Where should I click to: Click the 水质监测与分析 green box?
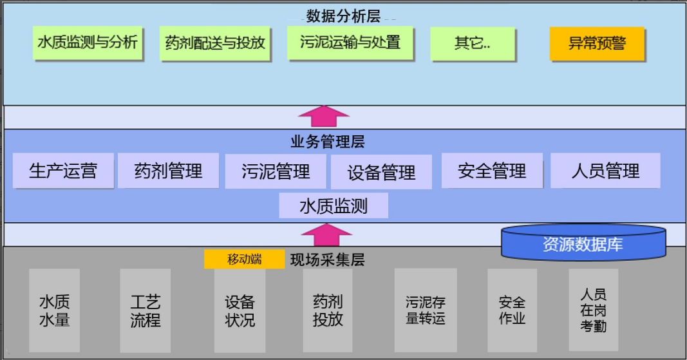pyautogui.click(x=88, y=43)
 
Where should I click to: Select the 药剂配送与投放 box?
pyautogui.click(x=214, y=43)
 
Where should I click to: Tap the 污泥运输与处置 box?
pyautogui.click(x=350, y=43)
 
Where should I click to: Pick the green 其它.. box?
pyautogui.click(x=474, y=44)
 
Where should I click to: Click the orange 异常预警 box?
pyautogui.click(x=597, y=44)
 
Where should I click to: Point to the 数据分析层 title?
pyautogui.click(x=343, y=15)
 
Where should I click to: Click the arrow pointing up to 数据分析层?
pyautogui.click(x=325, y=117)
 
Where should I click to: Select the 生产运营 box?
pyautogui.click(x=63, y=171)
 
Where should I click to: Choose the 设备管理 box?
pyautogui.click(x=381, y=172)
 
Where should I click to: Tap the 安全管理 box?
pyautogui.click(x=492, y=171)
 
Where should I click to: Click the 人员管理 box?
pyautogui.click(x=605, y=171)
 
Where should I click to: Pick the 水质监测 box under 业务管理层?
pyautogui.click(x=334, y=206)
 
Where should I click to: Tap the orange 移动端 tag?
pyautogui.click(x=244, y=259)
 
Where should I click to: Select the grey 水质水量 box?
pyautogui.click(x=55, y=310)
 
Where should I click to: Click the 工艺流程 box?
pyautogui.click(x=145, y=310)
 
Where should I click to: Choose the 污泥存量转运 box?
pyautogui.click(x=426, y=310)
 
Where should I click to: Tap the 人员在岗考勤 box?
pyautogui.click(x=593, y=310)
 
